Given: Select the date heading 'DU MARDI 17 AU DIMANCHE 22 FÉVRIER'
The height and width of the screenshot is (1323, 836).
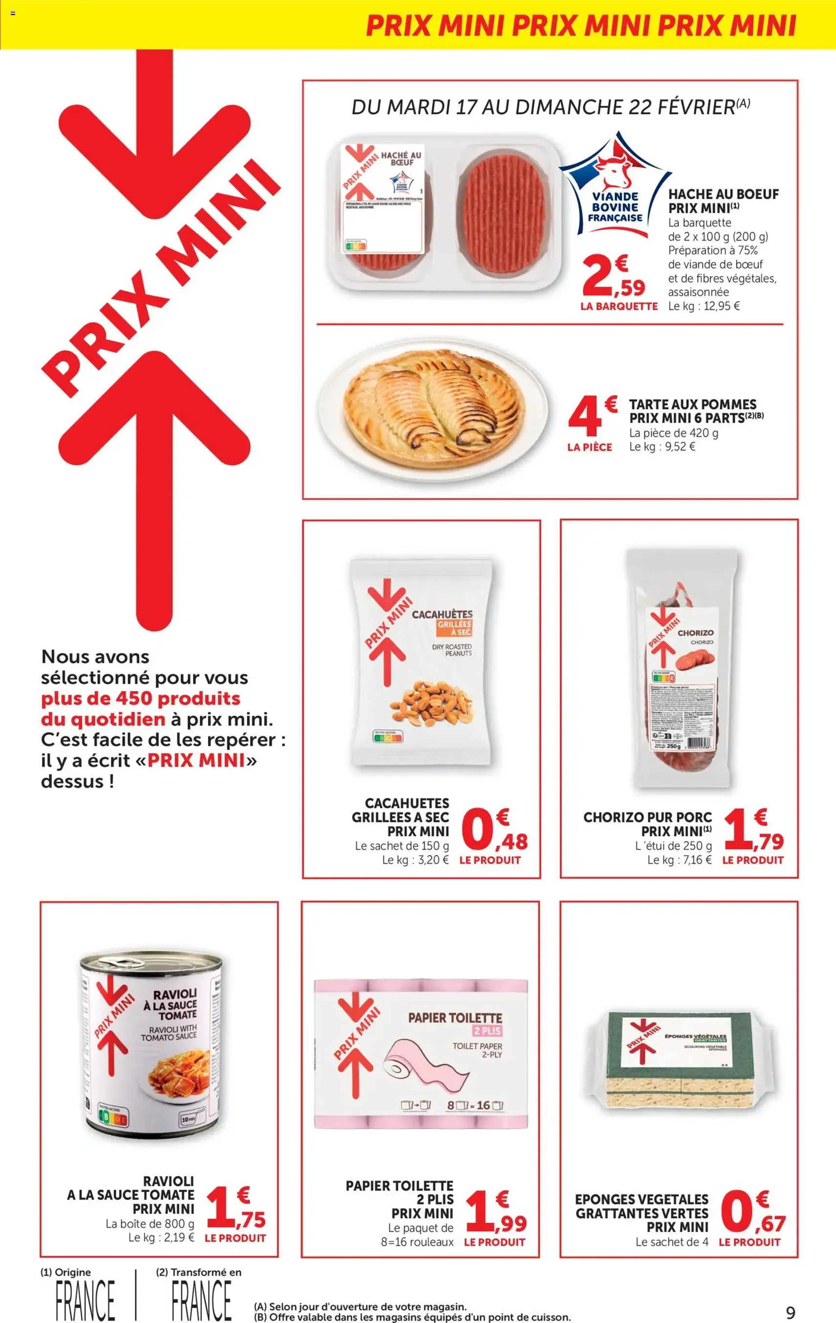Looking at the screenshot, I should (550, 107).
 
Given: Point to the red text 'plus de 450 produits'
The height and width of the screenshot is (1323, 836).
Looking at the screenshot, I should (141, 698).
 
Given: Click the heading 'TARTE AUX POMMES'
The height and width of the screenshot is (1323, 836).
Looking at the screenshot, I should (693, 404).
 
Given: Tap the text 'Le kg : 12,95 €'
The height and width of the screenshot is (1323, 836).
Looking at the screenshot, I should (704, 306).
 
